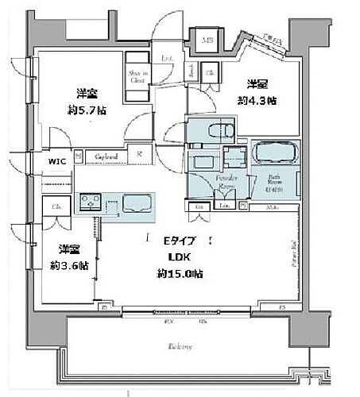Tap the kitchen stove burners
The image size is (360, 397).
tap(90, 206)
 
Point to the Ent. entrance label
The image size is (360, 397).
tap(168, 59)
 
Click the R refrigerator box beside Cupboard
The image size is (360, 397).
tap(139, 156)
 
